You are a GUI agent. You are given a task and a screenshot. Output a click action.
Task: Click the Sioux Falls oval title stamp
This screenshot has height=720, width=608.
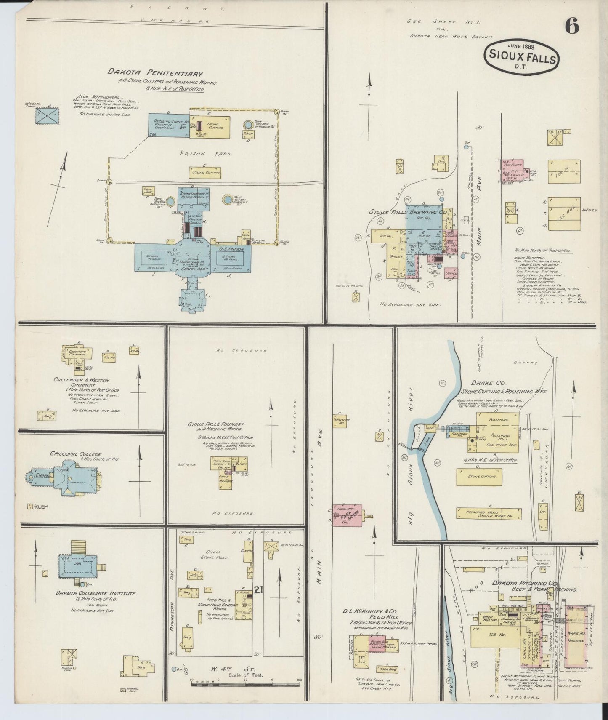(x=522, y=59)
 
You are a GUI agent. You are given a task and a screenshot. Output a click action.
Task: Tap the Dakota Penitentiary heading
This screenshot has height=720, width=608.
(x=155, y=73)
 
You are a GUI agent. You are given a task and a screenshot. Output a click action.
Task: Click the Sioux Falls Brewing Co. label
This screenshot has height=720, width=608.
(x=407, y=213)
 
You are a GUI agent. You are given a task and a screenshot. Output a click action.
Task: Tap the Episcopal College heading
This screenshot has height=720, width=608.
(x=76, y=454)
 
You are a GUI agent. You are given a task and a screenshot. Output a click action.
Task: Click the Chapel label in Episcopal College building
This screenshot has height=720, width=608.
(x=44, y=475)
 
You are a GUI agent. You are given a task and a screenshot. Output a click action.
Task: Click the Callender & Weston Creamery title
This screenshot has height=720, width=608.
(x=85, y=379)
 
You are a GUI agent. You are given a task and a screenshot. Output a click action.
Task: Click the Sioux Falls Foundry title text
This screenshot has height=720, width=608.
(x=216, y=424)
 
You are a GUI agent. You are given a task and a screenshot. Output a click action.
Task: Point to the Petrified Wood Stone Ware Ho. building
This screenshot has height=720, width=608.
(x=488, y=513)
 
